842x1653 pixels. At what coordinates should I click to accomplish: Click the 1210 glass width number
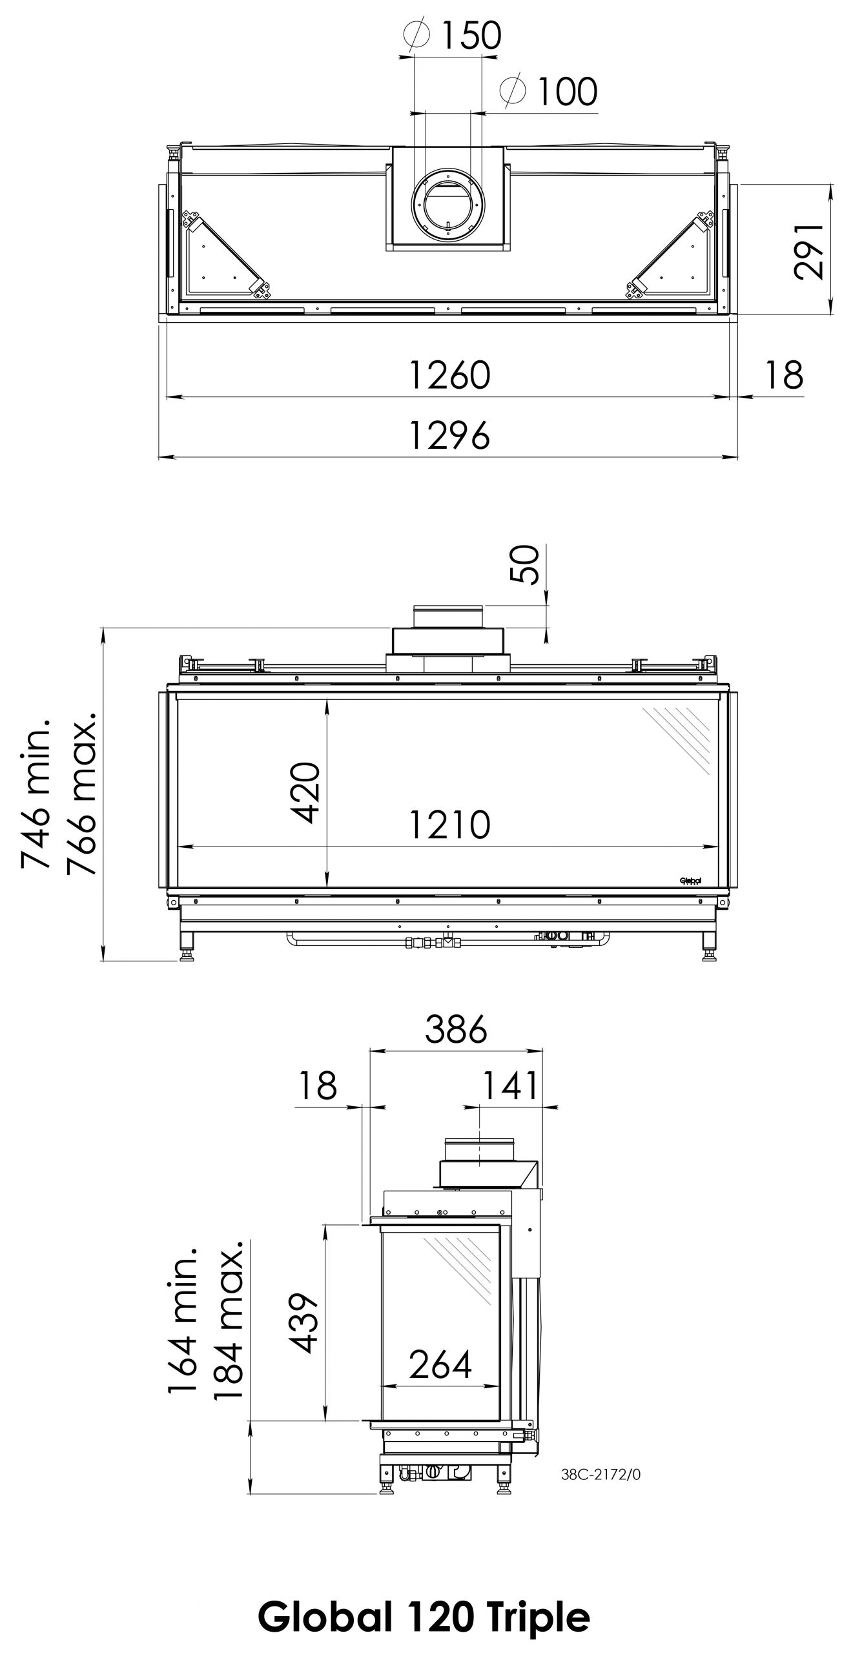pyautogui.click(x=449, y=825)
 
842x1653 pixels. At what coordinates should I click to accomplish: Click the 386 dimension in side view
pyautogui.click(x=455, y=1030)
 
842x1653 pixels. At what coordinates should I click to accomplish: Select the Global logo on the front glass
pyautogui.click(x=690, y=880)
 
